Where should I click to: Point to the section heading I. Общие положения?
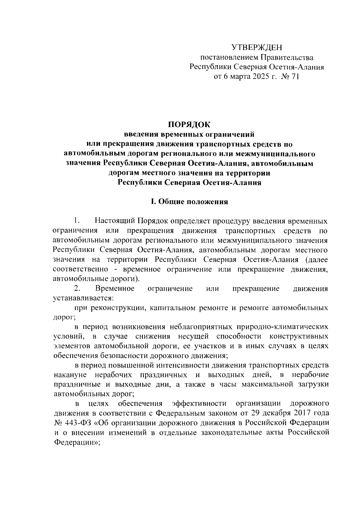[189, 202]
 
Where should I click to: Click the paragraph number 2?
[77, 289]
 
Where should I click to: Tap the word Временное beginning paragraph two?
[115, 289]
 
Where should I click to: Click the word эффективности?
[199, 403]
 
